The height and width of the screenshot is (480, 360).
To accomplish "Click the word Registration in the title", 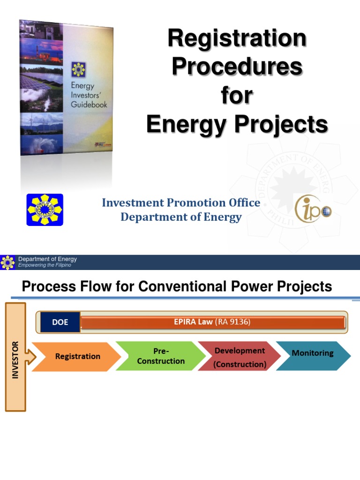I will (x=237, y=38).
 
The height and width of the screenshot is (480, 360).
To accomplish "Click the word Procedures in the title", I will (x=237, y=67).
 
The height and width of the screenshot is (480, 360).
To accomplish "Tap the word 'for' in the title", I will (x=237, y=96).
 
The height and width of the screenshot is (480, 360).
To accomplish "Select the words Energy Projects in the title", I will (x=237, y=125).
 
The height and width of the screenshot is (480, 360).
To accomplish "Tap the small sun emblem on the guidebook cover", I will (x=78, y=70).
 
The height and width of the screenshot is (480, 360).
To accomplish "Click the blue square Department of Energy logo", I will (x=45, y=210).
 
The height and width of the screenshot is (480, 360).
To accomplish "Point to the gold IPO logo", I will (x=313, y=209).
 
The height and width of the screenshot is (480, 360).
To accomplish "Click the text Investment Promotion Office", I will (x=181, y=202).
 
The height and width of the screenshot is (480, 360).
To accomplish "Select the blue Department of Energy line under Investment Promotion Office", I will (x=181, y=217).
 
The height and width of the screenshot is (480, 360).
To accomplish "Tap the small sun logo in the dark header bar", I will (x=8, y=262).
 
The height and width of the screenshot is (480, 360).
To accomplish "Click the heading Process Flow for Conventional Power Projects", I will (x=177, y=286).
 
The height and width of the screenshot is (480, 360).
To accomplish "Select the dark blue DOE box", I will (x=60, y=322).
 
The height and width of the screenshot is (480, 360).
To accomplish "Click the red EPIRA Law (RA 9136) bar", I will (x=213, y=322).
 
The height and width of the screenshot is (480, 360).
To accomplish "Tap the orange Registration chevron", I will (x=77, y=356).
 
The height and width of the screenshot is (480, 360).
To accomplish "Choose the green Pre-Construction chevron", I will (x=161, y=356).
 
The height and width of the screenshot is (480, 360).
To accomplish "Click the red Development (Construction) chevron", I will (x=240, y=357).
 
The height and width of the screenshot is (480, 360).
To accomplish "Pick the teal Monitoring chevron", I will (x=313, y=353).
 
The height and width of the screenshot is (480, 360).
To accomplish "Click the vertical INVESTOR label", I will (x=15, y=360).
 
